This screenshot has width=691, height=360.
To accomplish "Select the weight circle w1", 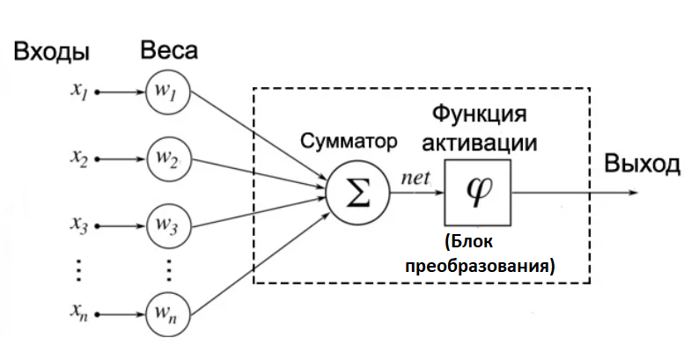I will click(168, 92).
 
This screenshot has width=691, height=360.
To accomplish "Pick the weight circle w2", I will click(168, 158).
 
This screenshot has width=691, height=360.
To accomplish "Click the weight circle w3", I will click(168, 226).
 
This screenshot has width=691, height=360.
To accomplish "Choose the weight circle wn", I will click(168, 313).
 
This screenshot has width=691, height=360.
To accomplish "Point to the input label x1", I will click(79, 92).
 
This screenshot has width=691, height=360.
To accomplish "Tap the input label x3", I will click(79, 226).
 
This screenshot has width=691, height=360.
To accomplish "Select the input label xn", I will click(79, 313).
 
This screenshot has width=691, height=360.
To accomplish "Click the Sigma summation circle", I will click(357, 191).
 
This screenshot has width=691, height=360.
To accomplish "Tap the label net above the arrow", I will click(415, 177).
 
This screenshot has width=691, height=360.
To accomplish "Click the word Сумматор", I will click(349, 141).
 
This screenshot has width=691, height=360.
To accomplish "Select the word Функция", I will click(479, 114).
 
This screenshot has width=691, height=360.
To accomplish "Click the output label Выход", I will click(641, 164).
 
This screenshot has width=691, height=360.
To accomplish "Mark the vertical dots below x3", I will click(79, 269).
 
